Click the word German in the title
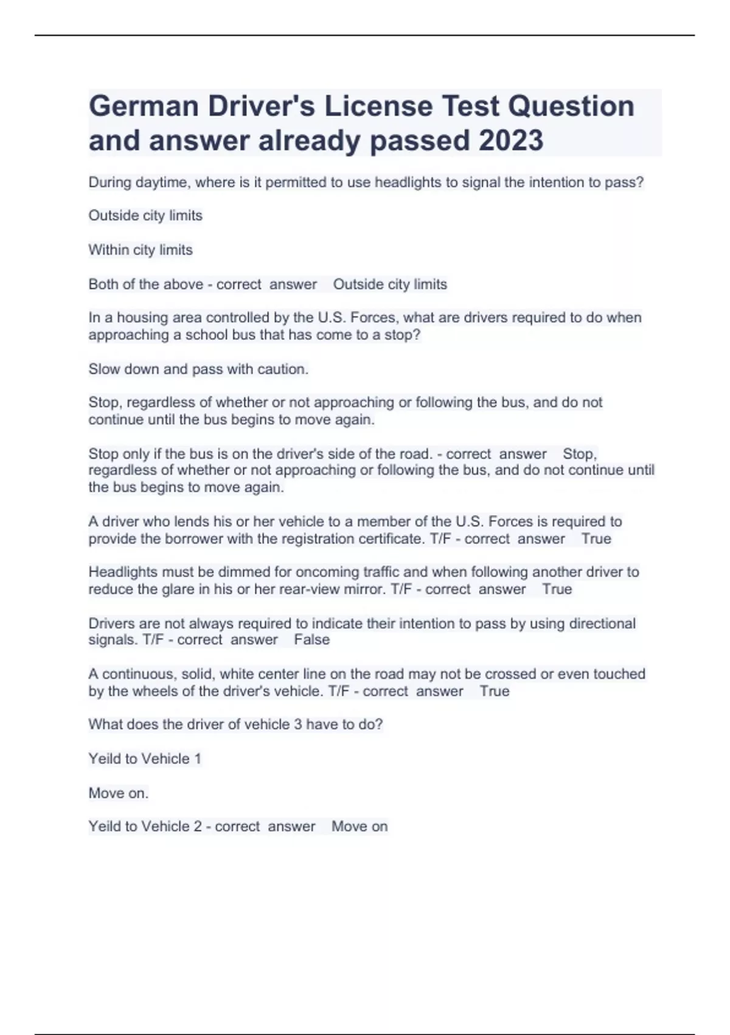[144, 106]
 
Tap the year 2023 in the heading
[510, 141]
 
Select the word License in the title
[377, 106]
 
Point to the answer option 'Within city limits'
[141, 250]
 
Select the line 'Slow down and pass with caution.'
[198, 369]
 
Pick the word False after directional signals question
[311, 640]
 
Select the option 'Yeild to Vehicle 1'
[145, 759]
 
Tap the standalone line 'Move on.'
[119, 793]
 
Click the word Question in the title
[571, 106]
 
